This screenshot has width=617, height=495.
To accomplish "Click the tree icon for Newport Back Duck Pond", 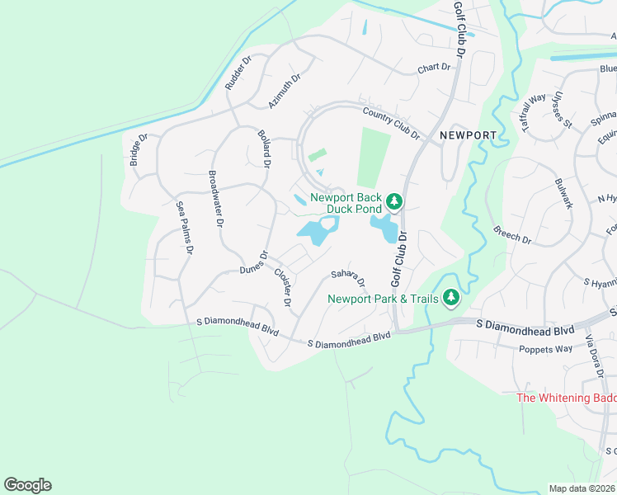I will [394, 201].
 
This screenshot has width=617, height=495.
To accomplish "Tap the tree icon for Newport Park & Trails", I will [450, 297].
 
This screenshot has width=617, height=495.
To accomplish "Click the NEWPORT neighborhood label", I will [468, 135].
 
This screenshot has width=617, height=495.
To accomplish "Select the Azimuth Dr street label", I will [285, 92].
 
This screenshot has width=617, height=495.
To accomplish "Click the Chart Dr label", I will [436, 68].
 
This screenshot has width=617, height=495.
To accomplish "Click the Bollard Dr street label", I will [264, 148].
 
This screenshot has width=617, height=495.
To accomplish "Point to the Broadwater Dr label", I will [215, 199].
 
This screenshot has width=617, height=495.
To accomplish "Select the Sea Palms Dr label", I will [185, 227].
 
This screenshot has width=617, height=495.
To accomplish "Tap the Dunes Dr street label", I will [255, 264].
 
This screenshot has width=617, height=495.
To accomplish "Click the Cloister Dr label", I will [282, 287].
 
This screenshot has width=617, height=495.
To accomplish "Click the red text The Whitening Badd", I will [566, 398].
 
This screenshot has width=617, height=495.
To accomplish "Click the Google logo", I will [27, 485].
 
